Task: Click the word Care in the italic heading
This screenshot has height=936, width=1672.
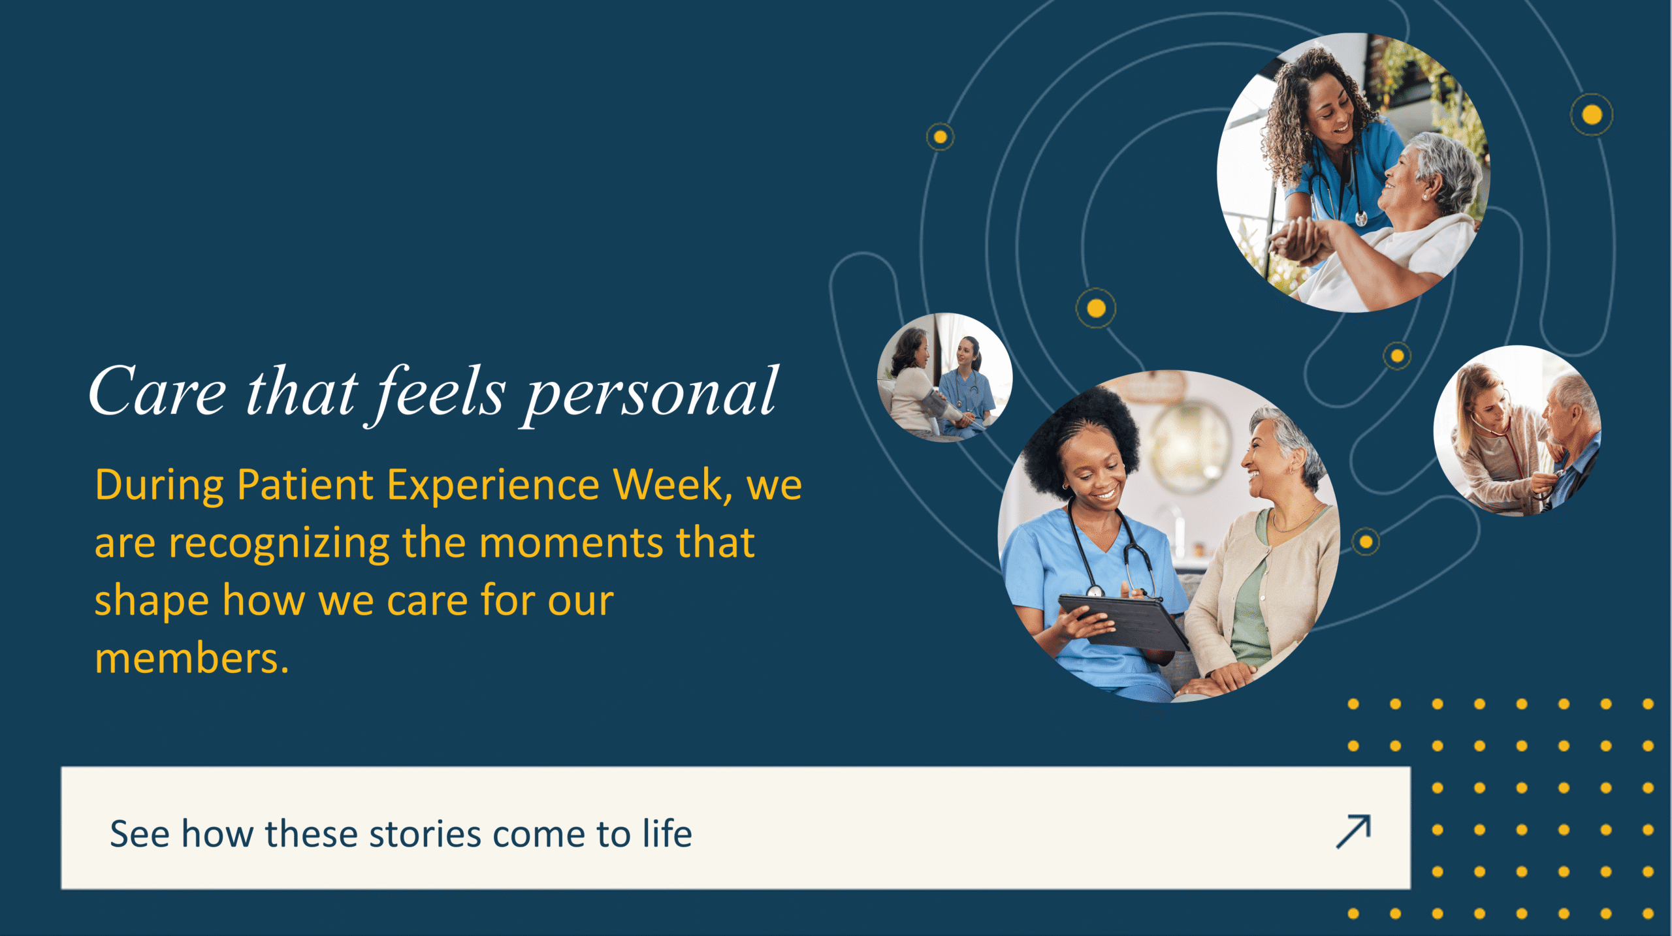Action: pos(157,392)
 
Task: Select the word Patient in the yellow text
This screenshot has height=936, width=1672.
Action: pos(305,486)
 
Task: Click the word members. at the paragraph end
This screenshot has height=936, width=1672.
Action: pos(191,658)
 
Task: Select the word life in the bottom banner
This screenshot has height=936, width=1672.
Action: pos(667,834)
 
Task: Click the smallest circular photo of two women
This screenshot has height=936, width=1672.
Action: pos(944,378)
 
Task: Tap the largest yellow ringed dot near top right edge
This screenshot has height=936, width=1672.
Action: pos(1592,115)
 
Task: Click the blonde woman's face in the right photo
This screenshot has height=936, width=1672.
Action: pos(1486,408)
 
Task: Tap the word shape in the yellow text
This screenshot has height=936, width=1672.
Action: pos(151,601)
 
